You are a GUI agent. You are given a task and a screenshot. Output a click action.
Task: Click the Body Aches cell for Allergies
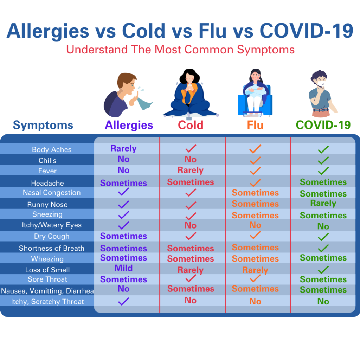pos(123,149)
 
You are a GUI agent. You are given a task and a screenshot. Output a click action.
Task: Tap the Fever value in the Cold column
pos(191,170)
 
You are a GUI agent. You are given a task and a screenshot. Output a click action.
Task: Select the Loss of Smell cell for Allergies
pos(123,268)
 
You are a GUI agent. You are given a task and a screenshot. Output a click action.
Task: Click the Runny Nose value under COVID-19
pos(323,203)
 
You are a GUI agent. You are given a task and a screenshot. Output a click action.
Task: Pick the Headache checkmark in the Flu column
pos(255,183)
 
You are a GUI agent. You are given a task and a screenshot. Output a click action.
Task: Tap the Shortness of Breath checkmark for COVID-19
pos(323,248)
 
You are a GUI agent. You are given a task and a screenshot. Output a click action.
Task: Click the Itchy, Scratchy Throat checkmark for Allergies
pos(123,301)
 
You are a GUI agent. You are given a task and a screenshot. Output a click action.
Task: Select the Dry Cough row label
pos(52,236)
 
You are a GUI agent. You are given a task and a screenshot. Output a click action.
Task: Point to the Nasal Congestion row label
pos(52,193)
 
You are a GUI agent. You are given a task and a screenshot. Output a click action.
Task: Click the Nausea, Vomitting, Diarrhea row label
pos(47,291)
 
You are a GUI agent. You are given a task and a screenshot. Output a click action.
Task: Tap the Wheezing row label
pos(47,259)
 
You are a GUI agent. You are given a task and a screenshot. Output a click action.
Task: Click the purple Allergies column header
pos(129,126)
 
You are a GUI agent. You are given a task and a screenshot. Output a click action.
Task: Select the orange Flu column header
pos(255,125)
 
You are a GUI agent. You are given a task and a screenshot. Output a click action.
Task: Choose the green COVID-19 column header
pos(323,125)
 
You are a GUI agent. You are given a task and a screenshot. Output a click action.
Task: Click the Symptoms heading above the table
pos(43,126)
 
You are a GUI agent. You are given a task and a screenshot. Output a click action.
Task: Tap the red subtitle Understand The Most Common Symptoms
pos(180,50)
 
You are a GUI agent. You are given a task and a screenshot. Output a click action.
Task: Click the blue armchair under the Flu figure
pos(255,103)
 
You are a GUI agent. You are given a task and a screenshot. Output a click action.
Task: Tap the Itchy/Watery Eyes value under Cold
pos(191,225)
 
